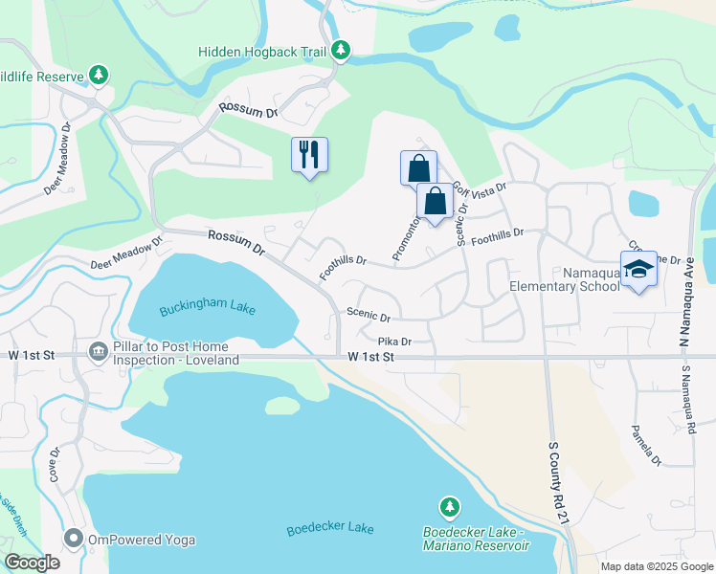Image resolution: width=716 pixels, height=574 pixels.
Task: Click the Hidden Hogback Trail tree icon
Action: coord(341,50)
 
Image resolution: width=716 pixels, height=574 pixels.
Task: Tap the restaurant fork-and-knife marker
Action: coord(309,154)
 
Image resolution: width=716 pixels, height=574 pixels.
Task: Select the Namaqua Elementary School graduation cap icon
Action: coord(638,269)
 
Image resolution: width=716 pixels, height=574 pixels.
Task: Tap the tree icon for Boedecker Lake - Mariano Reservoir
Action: coord(448,505)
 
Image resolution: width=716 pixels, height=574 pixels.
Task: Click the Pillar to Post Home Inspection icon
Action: coord(98,352)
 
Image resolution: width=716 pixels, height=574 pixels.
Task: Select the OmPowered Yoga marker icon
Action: coord(74,540)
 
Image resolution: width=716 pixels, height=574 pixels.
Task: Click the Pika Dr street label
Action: coord(394,342)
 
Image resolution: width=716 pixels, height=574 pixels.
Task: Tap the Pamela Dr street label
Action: coord(643,446)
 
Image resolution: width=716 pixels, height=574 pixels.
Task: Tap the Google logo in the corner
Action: coord(33,563)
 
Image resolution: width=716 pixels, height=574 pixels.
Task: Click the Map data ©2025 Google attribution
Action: coord(656,566)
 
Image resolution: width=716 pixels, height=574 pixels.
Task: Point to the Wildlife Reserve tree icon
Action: coord(98,74)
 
